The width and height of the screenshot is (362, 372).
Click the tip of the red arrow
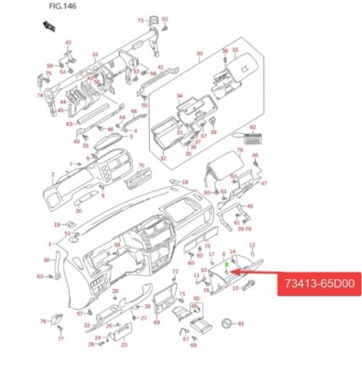[241, 272]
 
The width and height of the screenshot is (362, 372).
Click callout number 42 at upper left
[68, 43]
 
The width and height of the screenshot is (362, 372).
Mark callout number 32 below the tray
[163, 159]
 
